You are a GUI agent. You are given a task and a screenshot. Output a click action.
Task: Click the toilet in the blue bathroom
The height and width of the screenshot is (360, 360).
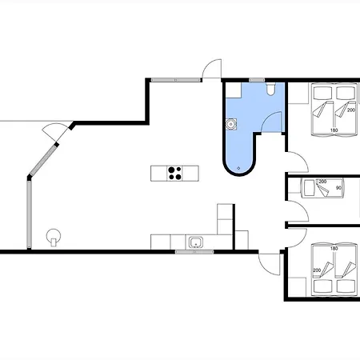(270, 89)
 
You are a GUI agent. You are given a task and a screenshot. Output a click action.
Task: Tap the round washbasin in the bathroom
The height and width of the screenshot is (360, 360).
(231, 124)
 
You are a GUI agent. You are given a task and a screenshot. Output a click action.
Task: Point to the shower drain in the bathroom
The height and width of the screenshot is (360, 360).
(238, 168)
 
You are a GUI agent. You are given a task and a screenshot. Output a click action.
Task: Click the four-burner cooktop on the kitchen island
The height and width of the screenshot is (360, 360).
(174, 174)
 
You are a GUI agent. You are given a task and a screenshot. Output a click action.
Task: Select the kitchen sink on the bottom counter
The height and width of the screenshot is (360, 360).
(196, 242)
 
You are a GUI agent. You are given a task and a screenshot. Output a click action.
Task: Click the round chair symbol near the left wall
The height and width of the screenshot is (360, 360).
(54, 237)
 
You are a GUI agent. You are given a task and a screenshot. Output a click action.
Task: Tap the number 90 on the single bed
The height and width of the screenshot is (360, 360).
(338, 188)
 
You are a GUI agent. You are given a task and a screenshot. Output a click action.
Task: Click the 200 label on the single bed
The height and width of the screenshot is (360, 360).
(322, 182)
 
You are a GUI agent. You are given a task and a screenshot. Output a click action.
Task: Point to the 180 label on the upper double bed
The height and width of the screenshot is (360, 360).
(334, 130)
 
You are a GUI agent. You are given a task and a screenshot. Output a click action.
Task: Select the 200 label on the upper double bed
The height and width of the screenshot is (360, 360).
(351, 110)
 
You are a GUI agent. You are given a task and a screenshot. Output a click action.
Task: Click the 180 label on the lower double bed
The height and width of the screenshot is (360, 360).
(334, 249)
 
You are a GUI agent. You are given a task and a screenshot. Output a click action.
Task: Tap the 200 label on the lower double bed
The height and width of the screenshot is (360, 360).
(317, 270)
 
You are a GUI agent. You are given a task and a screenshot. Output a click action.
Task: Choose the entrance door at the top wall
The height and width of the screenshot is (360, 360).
(212, 69)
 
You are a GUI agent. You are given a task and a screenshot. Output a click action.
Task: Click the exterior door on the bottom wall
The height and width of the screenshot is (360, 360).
(270, 264)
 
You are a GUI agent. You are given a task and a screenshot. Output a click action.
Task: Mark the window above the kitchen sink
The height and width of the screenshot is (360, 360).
(194, 251)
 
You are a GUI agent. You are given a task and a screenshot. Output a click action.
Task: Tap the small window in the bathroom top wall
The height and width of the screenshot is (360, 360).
(257, 80)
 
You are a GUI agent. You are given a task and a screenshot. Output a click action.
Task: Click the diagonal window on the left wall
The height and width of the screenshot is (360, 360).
(43, 160)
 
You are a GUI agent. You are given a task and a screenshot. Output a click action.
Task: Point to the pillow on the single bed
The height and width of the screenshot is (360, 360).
(310, 188)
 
